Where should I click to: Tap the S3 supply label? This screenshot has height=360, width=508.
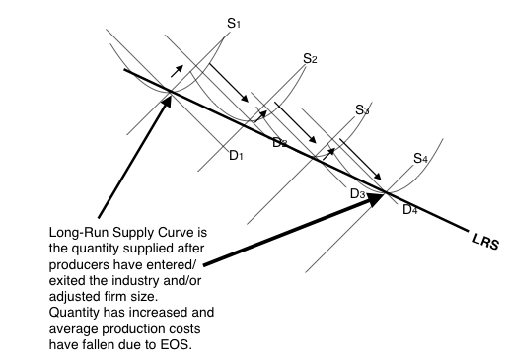[362, 110]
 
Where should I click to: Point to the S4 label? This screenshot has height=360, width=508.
[420, 158]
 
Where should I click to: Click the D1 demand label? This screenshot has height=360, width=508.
[236, 155]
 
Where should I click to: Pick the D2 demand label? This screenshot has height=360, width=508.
[280, 144]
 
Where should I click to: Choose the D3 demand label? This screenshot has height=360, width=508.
[357, 194]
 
